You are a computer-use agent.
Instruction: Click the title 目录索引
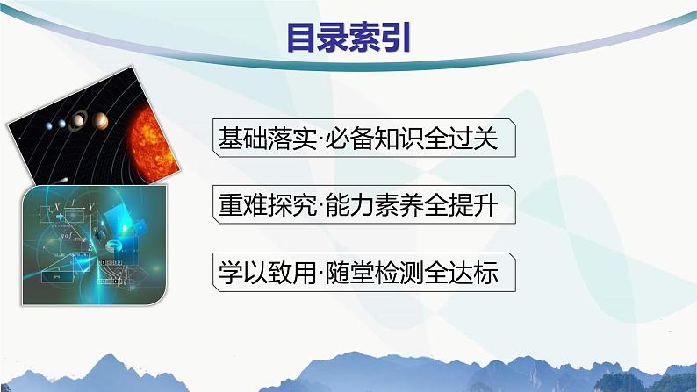click(x=348, y=38)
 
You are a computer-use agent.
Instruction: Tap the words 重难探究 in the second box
click(x=255, y=206)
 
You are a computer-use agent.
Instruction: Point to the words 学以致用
click(x=255, y=274)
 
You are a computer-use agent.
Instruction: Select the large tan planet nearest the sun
click(x=104, y=118)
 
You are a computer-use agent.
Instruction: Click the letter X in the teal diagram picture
click(x=57, y=209)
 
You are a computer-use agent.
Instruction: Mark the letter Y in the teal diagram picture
click(x=91, y=208)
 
